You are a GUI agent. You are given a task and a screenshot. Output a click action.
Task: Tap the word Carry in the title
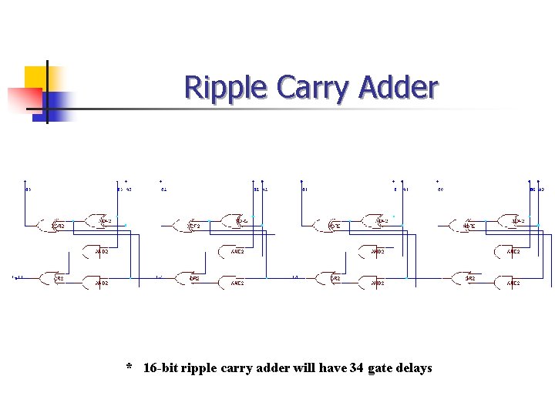pyautogui.click(x=312, y=89)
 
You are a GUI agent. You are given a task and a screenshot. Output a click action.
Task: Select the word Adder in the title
pyautogui.click(x=399, y=89)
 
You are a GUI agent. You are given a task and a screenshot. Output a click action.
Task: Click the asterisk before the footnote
pyautogui.click(x=129, y=367)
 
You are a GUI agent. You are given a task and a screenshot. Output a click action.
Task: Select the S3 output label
pyautogui.click(x=28, y=189)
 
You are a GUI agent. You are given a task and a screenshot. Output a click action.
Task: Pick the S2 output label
pyautogui.click(x=163, y=189)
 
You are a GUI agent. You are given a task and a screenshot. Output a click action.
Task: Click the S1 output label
pyautogui.click(x=304, y=189)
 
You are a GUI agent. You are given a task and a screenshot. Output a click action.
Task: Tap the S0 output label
pyautogui.click(x=440, y=189)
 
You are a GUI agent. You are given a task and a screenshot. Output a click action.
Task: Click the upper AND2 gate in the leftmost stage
pyautogui.click(x=98, y=251)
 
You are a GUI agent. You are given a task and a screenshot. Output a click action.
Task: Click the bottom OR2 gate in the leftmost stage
pyautogui.click(x=56, y=277)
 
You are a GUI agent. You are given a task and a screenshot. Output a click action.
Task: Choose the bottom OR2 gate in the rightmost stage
pyautogui.click(x=467, y=277)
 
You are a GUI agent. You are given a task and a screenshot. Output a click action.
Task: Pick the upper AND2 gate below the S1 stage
pyautogui.click(x=375, y=251)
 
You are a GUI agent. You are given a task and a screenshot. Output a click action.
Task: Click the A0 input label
pyautogui.click(x=541, y=189)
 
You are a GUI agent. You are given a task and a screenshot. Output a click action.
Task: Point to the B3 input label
pyautogui.click(x=119, y=189)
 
